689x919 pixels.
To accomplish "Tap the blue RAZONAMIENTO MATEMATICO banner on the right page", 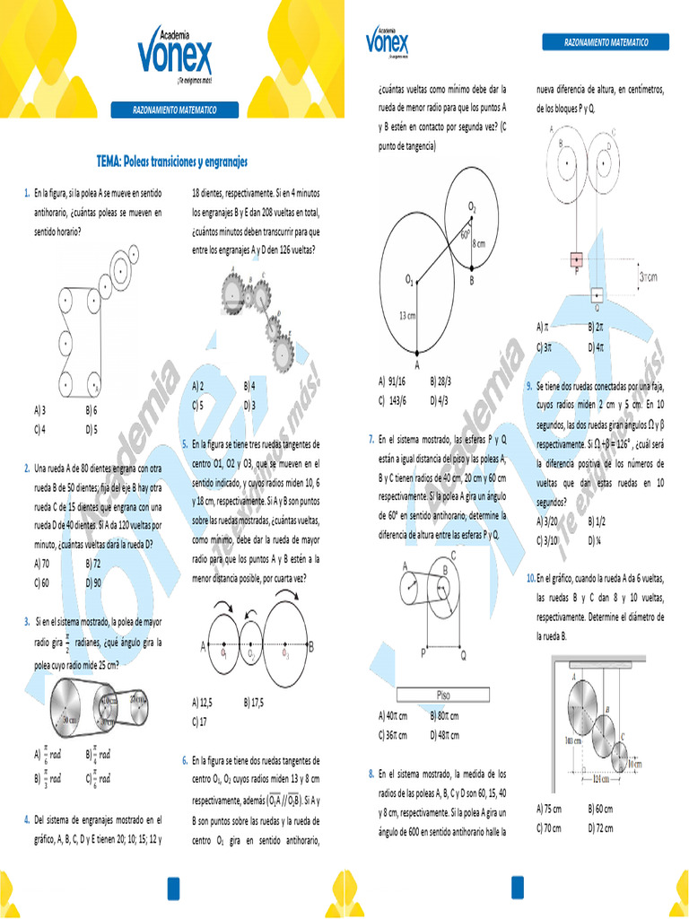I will tap(606, 42).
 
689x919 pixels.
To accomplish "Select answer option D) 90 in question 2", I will tap(94, 582).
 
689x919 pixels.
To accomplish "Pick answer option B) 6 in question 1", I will tap(92, 408).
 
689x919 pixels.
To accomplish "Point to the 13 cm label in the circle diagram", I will tap(406, 315).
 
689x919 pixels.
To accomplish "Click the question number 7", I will tap(371, 439).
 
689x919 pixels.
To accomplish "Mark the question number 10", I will tap(531, 579).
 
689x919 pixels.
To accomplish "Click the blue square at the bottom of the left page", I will tap(173, 888).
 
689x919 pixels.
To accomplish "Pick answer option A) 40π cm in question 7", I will tap(393, 716).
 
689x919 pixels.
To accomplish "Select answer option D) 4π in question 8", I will tap(597, 346).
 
